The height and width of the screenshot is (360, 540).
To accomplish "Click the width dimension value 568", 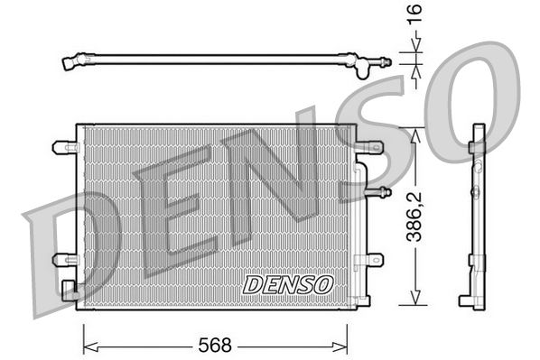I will coord(215,344).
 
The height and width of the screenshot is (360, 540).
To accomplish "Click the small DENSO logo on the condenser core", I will coord(288,284).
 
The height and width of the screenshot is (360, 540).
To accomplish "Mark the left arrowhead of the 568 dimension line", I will coord(88,344).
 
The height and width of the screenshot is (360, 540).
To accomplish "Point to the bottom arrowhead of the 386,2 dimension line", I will coord(414,302).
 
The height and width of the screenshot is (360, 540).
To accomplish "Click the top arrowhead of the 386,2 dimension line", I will coord(414,132).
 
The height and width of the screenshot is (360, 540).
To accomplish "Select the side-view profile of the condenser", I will coord(475,217).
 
